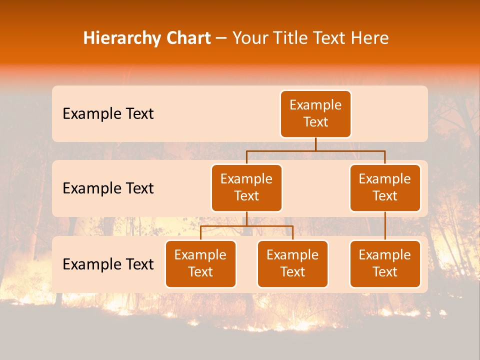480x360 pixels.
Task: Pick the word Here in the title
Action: [x=370, y=38]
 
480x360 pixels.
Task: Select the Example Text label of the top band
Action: [x=108, y=114]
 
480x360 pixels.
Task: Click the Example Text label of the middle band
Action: [x=108, y=188]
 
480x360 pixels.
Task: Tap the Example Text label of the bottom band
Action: [x=108, y=264]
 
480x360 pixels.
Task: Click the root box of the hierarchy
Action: [x=315, y=113]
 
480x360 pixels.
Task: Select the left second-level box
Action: [x=246, y=187]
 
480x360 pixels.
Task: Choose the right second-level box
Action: [x=385, y=187]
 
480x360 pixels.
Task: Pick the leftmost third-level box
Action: [x=200, y=263]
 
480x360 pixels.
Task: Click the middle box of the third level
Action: [x=292, y=263]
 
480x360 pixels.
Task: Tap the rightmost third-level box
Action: [x=385, y=263]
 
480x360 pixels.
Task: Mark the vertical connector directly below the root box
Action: [x=315, y=144]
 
